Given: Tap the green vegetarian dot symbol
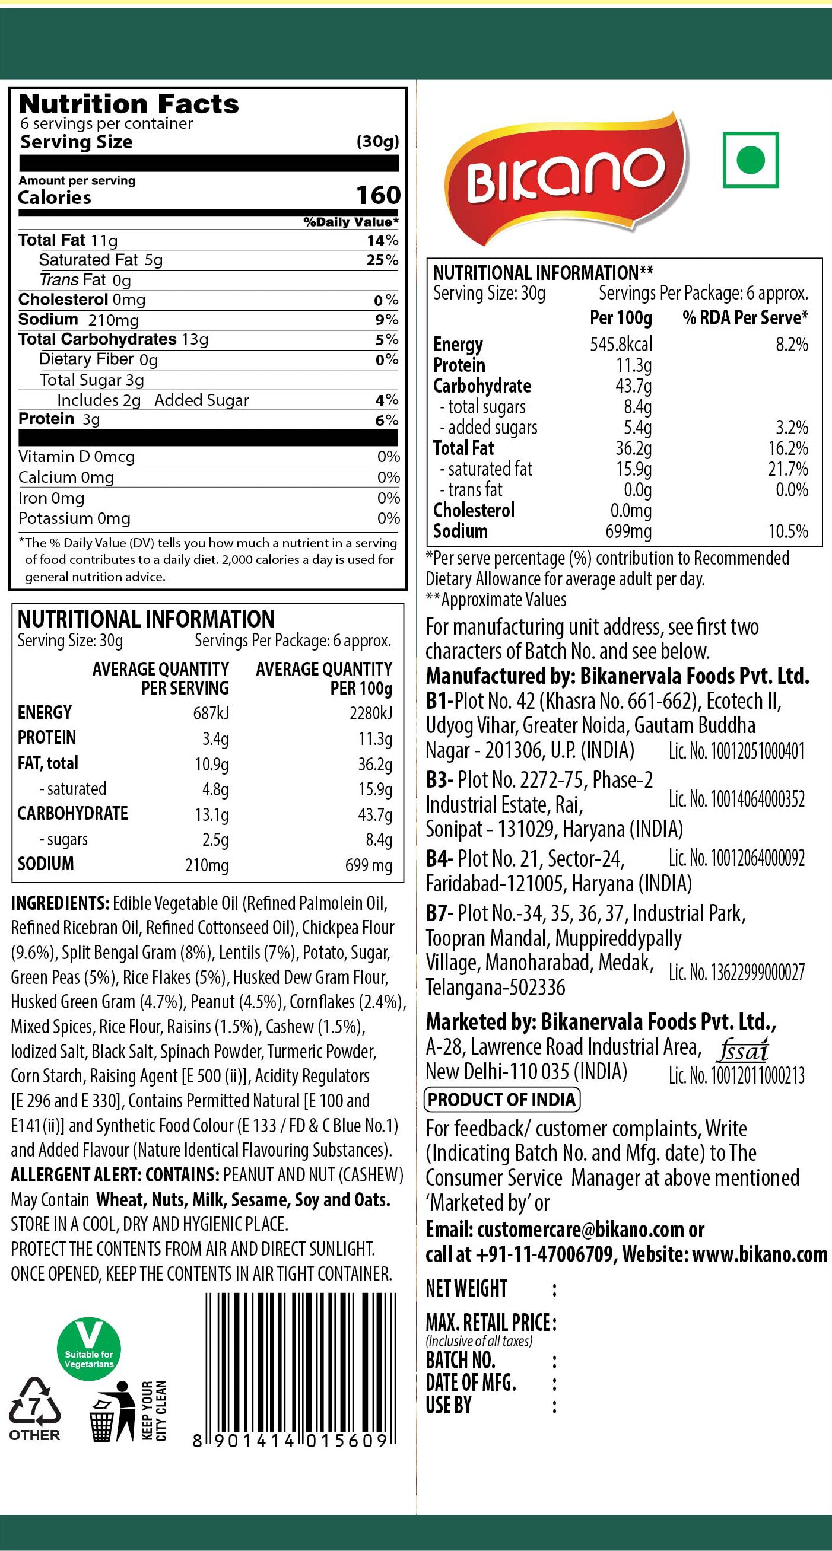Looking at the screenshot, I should tap(750, 160).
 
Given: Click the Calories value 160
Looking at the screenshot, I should tap(378, 196).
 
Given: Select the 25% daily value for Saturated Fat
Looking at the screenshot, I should tap(383, 260).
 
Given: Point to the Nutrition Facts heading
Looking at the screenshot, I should tap(129, 104).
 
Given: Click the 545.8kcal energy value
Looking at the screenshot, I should tap(621, 345).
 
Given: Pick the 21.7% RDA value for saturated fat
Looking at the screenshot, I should tap(787, 469).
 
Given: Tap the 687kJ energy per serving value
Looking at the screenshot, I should tap(210, 714).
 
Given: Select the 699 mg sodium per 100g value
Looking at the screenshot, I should tap(368, 865).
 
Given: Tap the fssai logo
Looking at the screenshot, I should tap(743, 1050).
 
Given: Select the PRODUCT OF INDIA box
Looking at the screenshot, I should tap(502, 1100).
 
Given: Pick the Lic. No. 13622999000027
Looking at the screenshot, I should tap(736, 972).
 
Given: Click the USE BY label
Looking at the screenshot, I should tap(448, 1406).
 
